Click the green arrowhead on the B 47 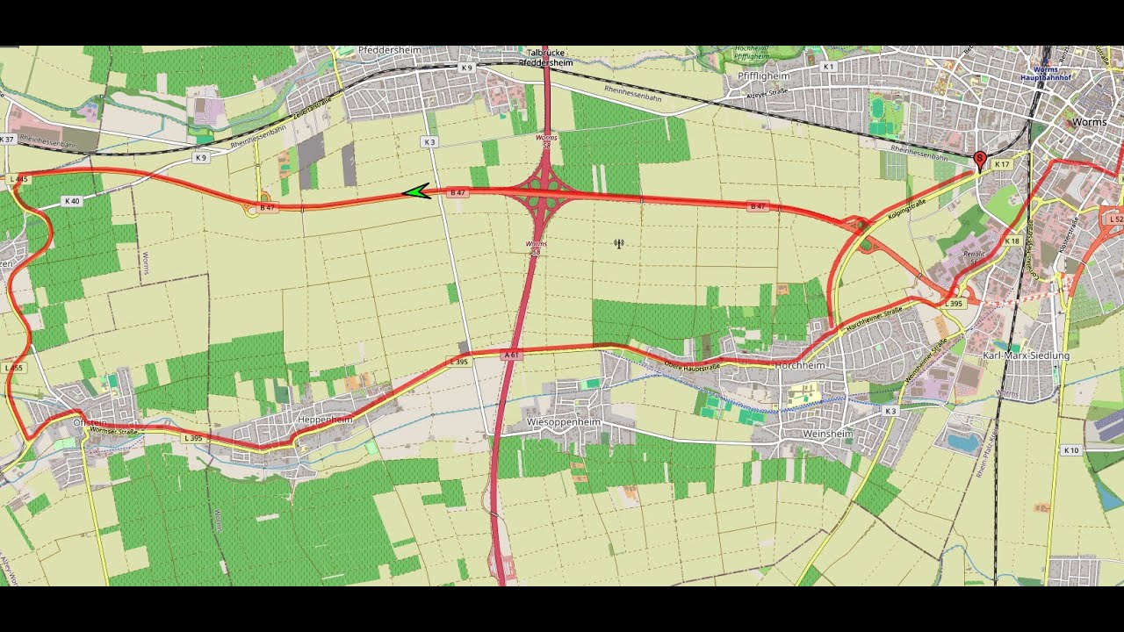[x=416, y=191]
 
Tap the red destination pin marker [x=980, y=160]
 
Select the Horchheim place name [x=800, y=365]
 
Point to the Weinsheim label [x=828, y=433]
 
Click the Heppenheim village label [x=325, y=420]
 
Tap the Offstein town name [x=90, y=422]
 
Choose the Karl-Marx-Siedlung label [x=1026, y=355]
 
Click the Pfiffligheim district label [x=759, y=76]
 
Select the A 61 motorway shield [x=511, y=355]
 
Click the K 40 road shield [x=72, y=201]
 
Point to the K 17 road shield [x=1002, y=164]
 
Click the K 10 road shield [x=1070, y=450]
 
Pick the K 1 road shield [x=827, y=67]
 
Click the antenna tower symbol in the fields [x=619, y=243]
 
